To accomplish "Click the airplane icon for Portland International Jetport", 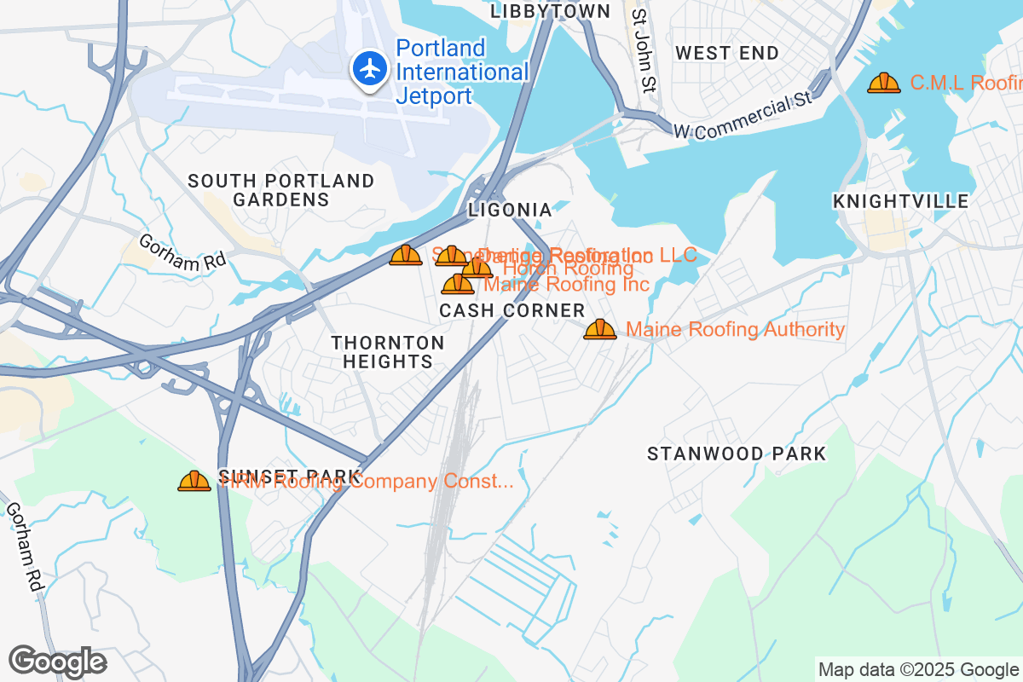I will point(369,68).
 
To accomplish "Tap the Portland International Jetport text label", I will point(460,72).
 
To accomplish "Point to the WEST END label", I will point(726,53).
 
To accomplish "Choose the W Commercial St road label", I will point(742,117).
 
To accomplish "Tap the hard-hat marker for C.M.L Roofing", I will point(883,84).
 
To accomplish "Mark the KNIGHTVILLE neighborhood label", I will point(900,201).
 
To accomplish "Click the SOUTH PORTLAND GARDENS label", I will point(281,190).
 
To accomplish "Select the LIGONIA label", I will point(510,210).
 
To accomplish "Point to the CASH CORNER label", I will point(512,311).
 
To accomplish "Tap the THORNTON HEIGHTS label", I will point(388,352).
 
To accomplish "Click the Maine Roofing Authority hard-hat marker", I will point(600,330).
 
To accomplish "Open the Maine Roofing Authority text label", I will point(735,330).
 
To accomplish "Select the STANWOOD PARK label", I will point(737,454).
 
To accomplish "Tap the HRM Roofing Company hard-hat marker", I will point(194,482).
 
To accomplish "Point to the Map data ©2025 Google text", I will point(917,669).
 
